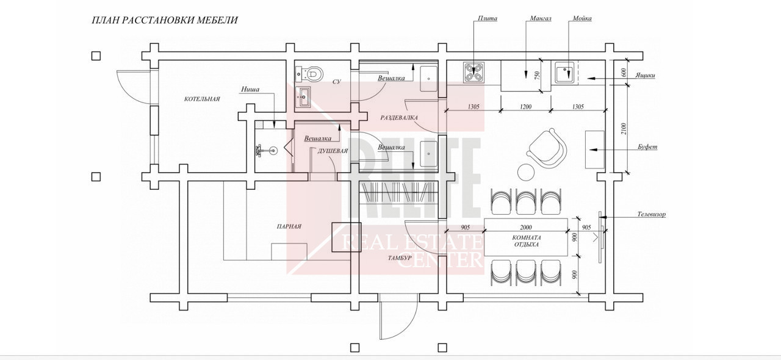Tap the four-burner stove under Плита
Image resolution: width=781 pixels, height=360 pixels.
tap(473, 73)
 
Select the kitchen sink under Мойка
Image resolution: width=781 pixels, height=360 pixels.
tap(564, 73)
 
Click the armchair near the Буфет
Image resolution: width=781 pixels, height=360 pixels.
tap(546, 148)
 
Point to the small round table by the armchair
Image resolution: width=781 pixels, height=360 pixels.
tap(526, 172)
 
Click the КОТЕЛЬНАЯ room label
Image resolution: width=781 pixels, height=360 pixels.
tap(202, 99)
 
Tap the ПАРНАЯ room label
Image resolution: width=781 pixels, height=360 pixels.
tap(289, 226)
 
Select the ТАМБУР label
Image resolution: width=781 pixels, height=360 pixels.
tap(400, 257)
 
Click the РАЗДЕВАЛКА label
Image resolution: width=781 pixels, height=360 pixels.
tap(399, 118)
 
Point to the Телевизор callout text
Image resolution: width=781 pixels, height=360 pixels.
tap(651, 214)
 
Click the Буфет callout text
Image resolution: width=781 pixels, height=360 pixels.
tap(647, 146)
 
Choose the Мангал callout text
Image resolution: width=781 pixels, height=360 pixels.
tap(541, 18)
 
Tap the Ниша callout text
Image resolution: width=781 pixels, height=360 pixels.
tap(250, 89)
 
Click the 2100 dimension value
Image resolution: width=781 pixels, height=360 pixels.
tap(624, 129)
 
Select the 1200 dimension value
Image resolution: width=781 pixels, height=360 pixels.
tap(525, 107)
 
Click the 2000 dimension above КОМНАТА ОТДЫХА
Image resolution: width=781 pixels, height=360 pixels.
tap(526, 228)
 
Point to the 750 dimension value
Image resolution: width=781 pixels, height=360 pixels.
tap(537, 75)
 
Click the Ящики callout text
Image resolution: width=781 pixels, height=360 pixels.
tap(645, 75)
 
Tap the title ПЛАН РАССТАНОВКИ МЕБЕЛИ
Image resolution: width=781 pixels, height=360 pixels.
tap(165, 20)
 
